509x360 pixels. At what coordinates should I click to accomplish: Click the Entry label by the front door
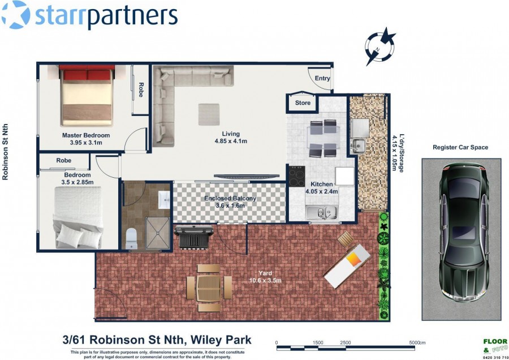[x=322, y=78]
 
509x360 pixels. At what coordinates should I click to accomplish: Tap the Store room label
[x=303, y=102]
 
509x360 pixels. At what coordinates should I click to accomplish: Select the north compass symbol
[x=380, y=46]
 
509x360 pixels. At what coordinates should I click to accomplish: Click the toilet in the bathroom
[x=131, y=239]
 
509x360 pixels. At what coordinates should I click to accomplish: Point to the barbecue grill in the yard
[x=194, y=237]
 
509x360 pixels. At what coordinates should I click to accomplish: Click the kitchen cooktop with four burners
[x=297, y=176]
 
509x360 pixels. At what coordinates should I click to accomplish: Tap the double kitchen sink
[x=321, y=212]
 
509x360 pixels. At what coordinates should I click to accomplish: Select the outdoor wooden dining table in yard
[x=209, y=288]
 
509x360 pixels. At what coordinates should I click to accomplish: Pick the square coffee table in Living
[x=209, y=114]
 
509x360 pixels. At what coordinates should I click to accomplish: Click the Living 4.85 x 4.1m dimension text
[x=231, y=138]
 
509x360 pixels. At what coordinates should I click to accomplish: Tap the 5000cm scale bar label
[x=417, y=342]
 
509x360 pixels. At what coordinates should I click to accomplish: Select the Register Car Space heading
[x=460, y=148]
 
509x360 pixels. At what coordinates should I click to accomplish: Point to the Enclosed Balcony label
[x=230, y=198]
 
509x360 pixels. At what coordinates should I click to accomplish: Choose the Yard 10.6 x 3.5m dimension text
[x=265, y=277]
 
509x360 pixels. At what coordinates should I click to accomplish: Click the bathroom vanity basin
[x=164, y=199]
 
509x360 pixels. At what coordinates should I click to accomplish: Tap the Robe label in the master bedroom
[x=141, y=89]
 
